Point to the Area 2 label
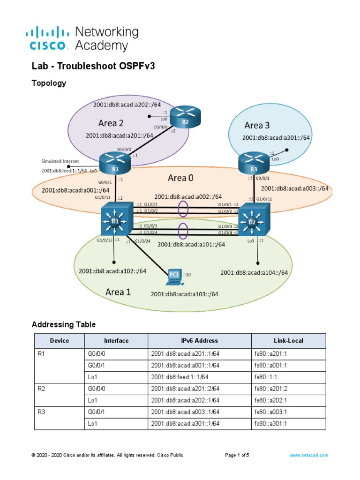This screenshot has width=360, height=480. click(111, 123)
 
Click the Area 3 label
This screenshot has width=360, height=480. click(257, 125)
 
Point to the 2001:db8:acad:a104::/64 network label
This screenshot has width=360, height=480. click(254, 272)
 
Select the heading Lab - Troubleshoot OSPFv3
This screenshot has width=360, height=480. click(93, 67)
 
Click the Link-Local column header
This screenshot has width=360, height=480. click(288, 341)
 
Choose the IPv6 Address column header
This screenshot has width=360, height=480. click(199, 341)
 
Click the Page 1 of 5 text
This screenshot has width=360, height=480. click(237, 455)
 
